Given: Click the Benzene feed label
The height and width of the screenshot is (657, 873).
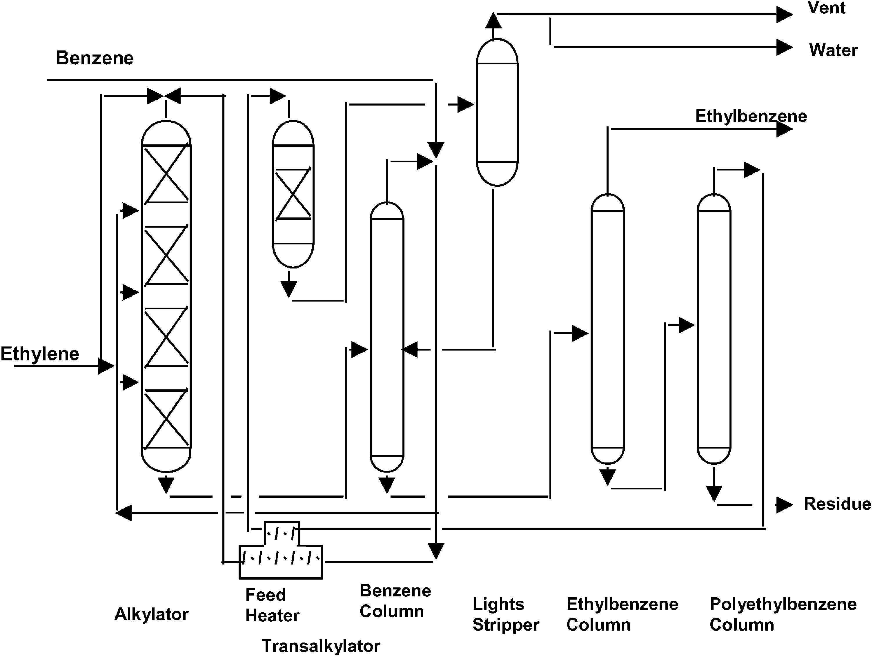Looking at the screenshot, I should [95, 58].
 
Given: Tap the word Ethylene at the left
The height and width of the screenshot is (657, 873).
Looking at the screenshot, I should [40, 354].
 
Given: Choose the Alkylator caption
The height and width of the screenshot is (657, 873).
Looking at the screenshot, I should [152, 614].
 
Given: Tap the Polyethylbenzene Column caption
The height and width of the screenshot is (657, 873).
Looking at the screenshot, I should [783, 614].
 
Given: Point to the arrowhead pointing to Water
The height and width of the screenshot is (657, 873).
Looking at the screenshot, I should [784, 47].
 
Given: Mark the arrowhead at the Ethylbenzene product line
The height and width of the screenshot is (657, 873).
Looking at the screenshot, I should [784, 129].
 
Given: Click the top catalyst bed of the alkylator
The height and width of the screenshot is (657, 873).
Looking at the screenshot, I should [166, 174].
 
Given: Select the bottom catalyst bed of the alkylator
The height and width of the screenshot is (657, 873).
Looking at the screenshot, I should [166, 418].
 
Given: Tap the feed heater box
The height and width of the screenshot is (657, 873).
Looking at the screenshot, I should [281, 554].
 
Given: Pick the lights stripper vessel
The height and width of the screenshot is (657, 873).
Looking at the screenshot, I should [497, 112].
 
